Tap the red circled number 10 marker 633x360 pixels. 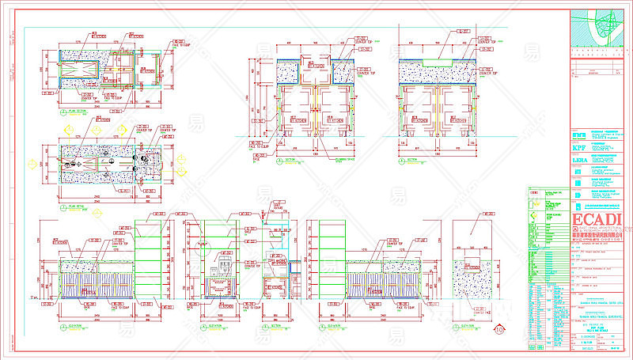[498, 329]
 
